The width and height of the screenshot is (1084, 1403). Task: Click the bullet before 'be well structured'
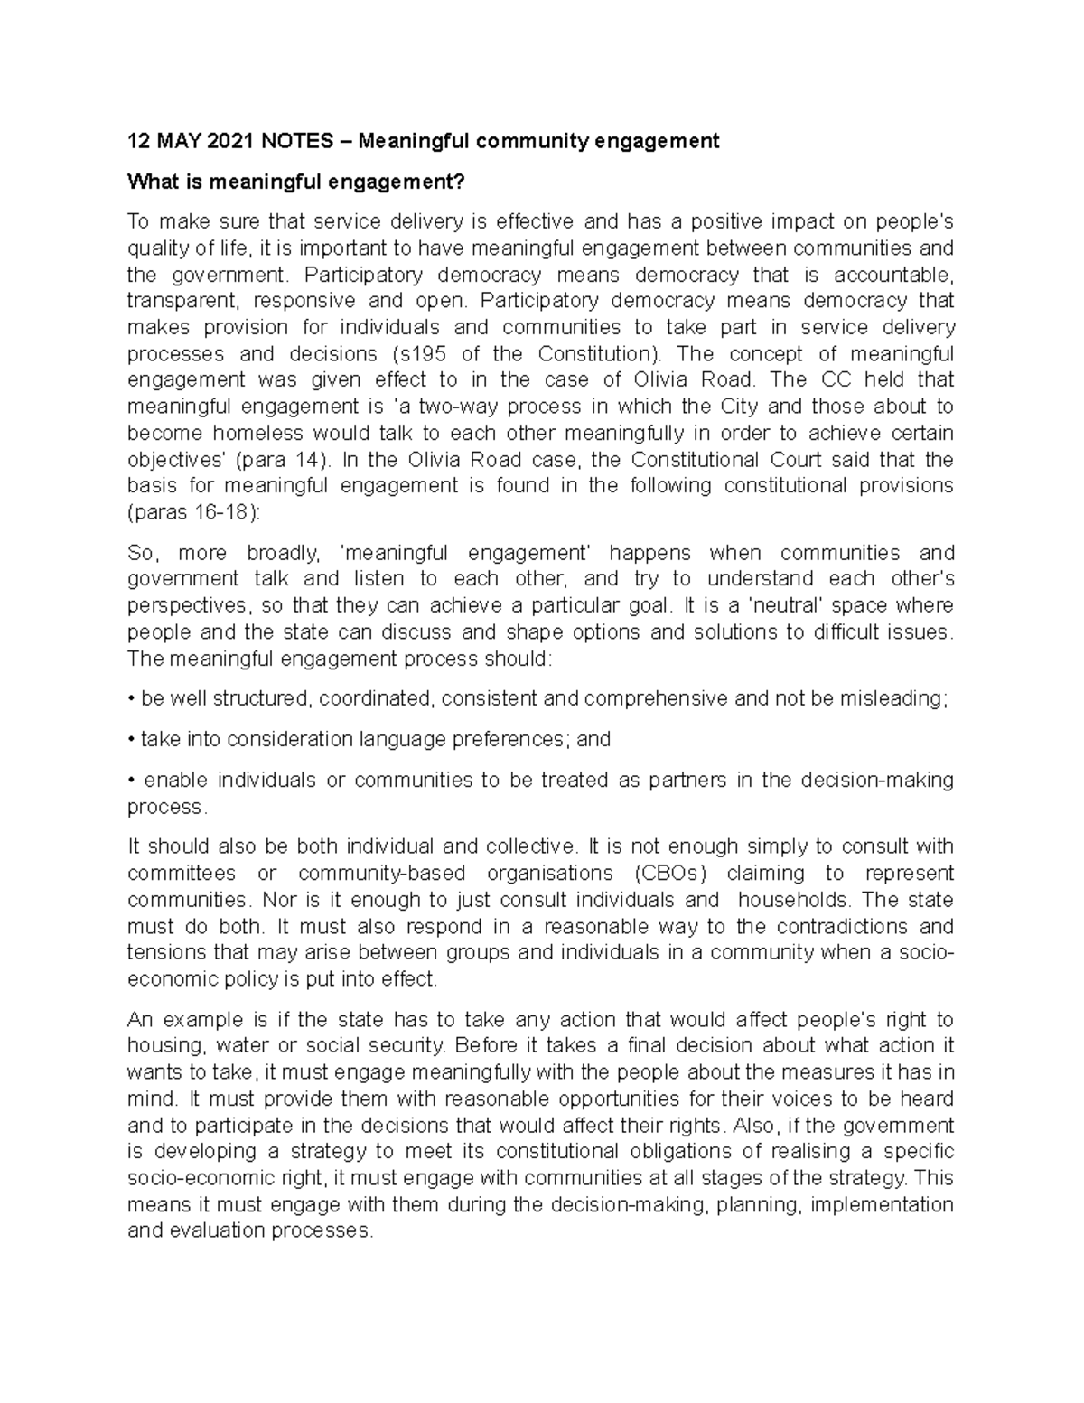[132, 699]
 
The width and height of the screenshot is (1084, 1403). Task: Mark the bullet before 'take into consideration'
[132, 740]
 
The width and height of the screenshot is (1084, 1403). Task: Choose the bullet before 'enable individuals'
[132, 781]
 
